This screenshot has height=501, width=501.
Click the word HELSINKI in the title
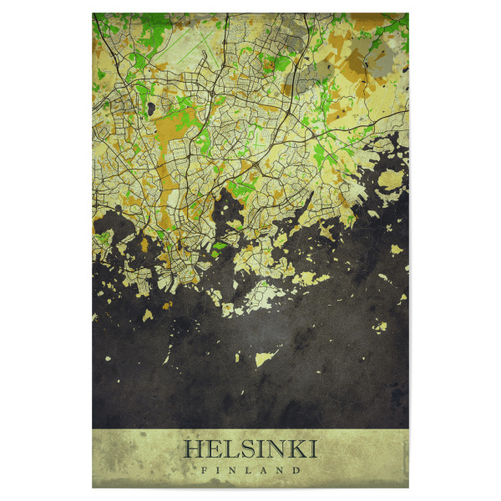tap(250, 449)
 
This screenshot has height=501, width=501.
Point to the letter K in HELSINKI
tap(293, 449)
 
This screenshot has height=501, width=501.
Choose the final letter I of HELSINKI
tap(311, 449)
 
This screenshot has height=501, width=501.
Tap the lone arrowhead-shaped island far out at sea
tap(266, 358)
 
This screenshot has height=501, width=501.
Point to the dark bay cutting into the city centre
tap(226, 209)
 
